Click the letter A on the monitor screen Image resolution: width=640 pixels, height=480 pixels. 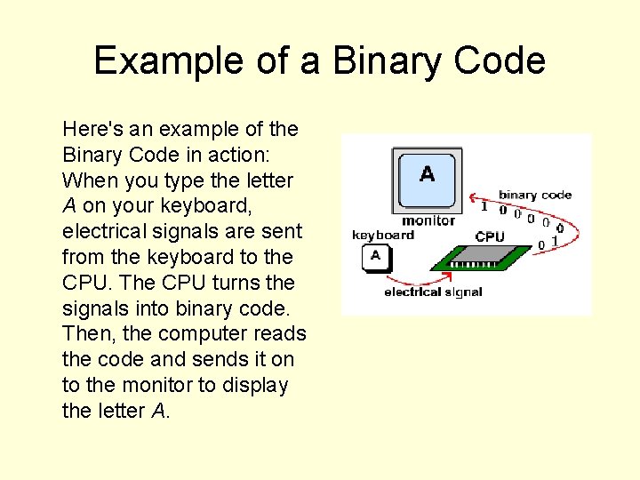[427, 173]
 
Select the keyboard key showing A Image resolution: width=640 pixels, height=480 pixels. [375, 257]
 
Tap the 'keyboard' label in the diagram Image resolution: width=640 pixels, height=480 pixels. [383, 235]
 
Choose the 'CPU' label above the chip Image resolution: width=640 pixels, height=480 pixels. [490, 236]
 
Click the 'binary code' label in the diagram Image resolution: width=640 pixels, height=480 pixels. [535, 195]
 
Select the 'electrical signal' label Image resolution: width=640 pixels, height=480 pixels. [433, 292]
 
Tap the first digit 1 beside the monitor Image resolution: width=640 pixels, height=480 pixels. [484, 207]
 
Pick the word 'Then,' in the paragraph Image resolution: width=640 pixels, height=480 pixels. [85, 334]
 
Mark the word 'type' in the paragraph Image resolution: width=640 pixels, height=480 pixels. [184, 180]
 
